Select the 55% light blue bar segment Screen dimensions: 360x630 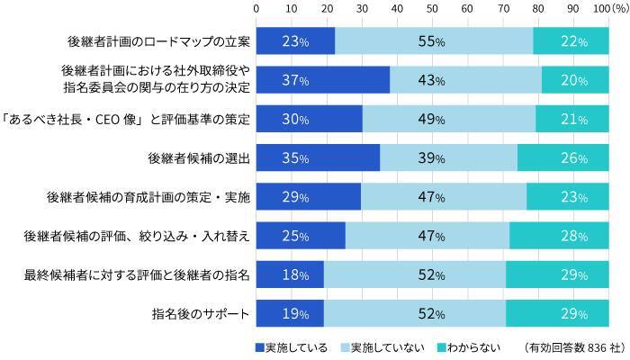pyautogui.click(x=434, y=41)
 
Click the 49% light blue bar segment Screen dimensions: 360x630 pyautogui.click(x=448, y=119)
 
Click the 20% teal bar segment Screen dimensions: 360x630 pyautogui.click(x=575, y=80)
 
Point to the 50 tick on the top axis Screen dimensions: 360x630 pyautogui.click(x=433, y=8)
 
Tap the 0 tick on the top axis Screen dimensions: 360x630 pyautogui.click(x=257, y=8)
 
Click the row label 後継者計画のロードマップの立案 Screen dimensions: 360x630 pyautogui.click(x=158, y=41)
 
